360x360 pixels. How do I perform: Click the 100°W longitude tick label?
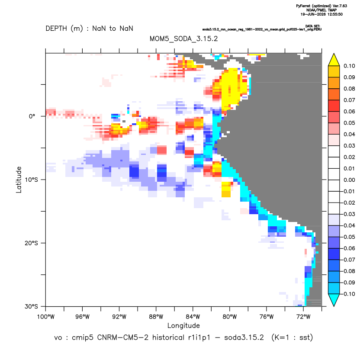click(x=46, y=317)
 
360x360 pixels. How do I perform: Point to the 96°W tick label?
click(x=82, y=317)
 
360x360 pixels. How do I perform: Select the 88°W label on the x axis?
click(x=156, y=317)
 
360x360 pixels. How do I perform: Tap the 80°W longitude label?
click(x=230, y=317)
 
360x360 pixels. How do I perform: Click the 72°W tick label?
click(x=303, y=317)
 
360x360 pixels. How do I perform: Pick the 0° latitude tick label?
click(x=32, y=116)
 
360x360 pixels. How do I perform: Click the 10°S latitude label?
click(x=31, y=180)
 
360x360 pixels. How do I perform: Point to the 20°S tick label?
click(x=31, y=243)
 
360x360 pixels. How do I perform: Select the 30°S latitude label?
click(x=31, y=306)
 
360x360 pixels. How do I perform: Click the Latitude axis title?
click(x=19, y=180)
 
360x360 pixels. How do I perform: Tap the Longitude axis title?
click(x=183, y=325)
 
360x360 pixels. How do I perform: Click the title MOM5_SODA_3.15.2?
click(x=183, y=39)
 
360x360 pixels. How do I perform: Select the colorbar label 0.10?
click(x=349, y=66)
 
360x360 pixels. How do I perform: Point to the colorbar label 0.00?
click(x=349, y=180)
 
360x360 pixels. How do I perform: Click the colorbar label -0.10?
click(x=347, y=294)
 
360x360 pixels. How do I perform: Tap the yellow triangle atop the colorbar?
click(x=334, y=60)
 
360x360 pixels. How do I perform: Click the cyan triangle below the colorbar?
click(x=334, y=299)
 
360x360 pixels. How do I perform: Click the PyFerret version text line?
click(x=321, y=6)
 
